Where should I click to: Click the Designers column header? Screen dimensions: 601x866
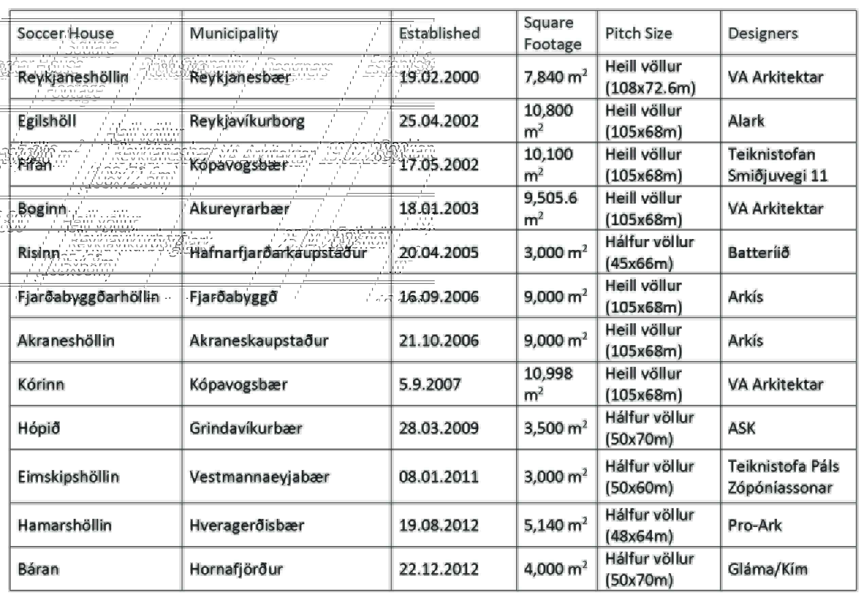[x=762, y=34]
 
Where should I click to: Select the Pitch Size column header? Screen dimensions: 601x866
[x=638, y=34]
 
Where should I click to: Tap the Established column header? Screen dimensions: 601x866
[x=439, y=34]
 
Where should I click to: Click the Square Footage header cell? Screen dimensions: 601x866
[x=552, y=34]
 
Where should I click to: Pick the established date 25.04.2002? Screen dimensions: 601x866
[x=439, y=121]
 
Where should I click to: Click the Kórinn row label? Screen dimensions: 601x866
[x=41, y=384]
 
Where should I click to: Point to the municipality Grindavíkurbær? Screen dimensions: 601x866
[x=246, y=428]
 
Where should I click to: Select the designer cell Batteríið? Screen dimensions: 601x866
[x=758, y=253]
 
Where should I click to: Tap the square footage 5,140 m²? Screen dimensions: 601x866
[x=555, y=525]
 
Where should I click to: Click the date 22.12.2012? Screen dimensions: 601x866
[x=439, y=569]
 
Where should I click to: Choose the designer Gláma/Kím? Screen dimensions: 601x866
[x=768, y=569]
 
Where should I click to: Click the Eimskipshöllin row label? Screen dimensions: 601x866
[x=68, y=477]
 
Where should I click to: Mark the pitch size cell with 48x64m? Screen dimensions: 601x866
[x=649, y=525]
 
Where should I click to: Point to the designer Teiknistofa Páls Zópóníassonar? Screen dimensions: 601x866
[x=783, y=477]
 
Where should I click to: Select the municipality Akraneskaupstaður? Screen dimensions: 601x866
[x=259, y=341]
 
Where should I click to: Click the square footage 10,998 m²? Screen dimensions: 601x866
[x=548, y=384]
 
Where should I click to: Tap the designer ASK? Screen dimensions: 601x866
[x=741, y=428]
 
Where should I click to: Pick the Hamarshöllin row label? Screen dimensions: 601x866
[x=65, y=525]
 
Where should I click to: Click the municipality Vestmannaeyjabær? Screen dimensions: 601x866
[x=259, y=477]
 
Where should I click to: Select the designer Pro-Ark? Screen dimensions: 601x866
[x=755, y=525]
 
